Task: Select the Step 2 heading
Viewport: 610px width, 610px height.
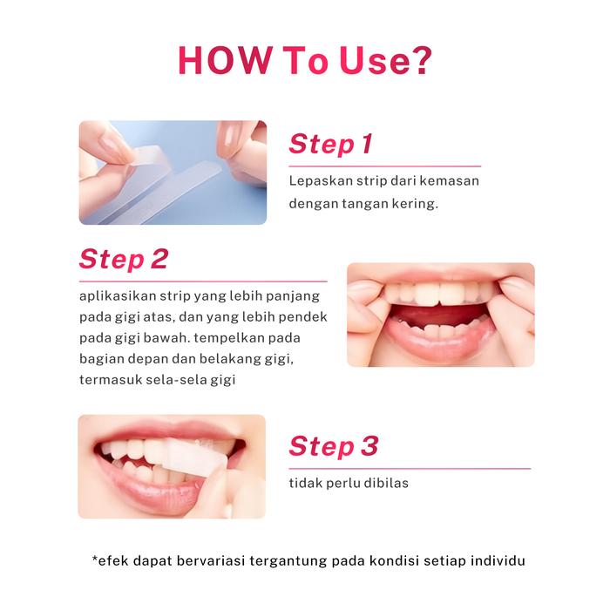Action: click(123, 259)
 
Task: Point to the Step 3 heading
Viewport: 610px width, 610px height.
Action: click(334, 447)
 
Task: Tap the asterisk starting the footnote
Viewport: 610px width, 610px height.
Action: click(94, 559)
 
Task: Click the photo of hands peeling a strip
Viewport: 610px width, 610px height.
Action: click(173, 173)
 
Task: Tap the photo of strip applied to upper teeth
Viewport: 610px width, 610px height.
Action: click(440, 315)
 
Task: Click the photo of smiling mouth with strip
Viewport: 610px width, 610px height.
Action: click(172, 466)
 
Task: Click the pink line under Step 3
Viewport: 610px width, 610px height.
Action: click(409, 469)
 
